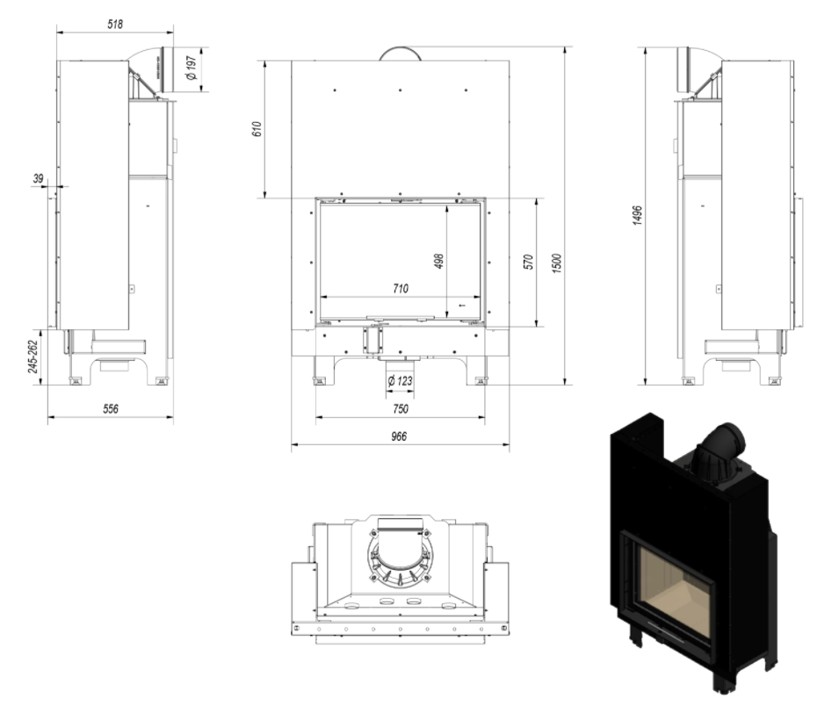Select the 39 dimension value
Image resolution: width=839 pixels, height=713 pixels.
pyautogui.click(x=38, y=178)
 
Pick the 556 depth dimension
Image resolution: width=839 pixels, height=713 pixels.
pyautogui.click(x=110, y=408)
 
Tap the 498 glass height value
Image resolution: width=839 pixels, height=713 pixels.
pyautogui.click(x=438, y=261)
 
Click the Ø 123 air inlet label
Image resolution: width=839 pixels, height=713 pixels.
pyautogui.click(x=400, y=381)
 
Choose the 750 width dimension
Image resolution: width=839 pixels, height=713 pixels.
pyautogui.click(x=400, y=408)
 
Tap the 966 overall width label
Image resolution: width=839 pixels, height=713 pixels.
pyautogui.click(x=400, y=436)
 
